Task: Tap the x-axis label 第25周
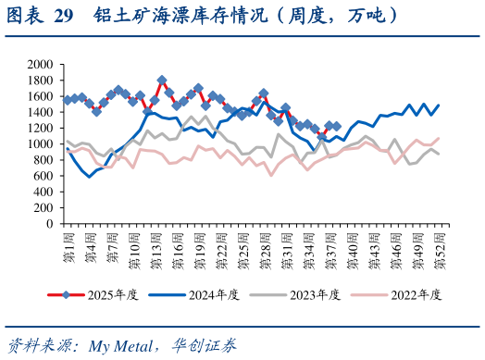[x=242, y=252]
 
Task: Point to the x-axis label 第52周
[x=438, y=252]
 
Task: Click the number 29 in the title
[x=63, y=16]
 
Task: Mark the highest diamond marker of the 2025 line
[x=162, y=81]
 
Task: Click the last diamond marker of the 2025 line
[x=336, y=126]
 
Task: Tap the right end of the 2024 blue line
[x=438, y=105]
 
